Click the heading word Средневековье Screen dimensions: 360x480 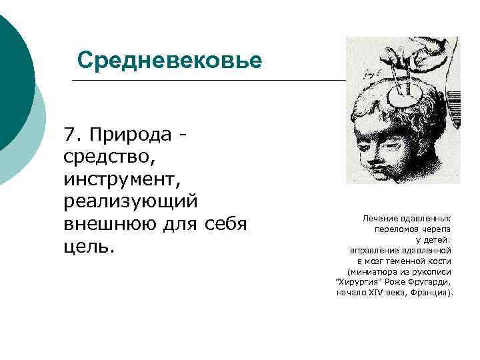(169, 61)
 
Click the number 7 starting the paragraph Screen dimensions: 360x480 (69, 135)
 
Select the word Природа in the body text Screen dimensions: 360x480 (129, 135)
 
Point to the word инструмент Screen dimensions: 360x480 (120, 179)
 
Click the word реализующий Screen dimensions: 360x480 (130, 201)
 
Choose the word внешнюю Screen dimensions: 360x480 (107, 224)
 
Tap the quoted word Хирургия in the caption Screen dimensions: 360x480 (360, 282)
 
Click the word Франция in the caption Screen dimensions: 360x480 (431, 293)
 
